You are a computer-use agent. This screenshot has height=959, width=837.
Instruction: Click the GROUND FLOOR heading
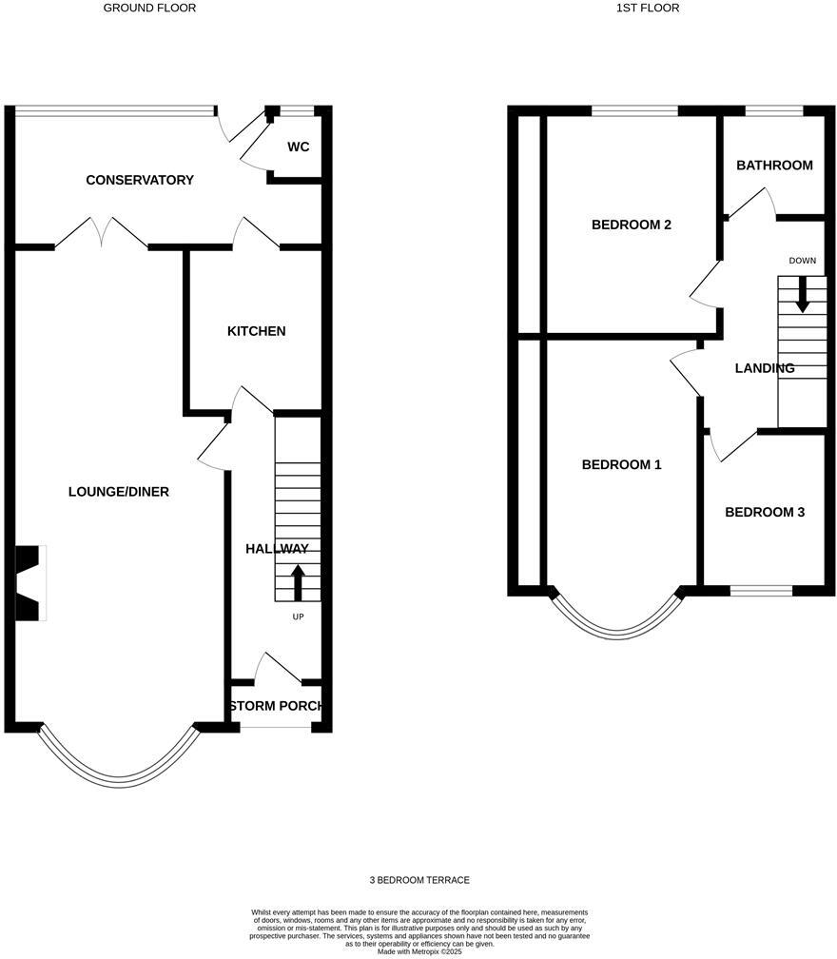tap(149, 8)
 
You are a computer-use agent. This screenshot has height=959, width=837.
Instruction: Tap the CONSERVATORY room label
tap(140, 180)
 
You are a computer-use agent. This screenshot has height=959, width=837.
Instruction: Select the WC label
tap(298, 147)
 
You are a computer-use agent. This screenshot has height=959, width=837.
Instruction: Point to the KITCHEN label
tap(256, 331)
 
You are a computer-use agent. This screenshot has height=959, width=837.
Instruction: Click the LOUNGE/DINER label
tap(119, 492)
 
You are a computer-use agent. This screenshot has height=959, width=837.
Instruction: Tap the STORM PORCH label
tap(277, 707)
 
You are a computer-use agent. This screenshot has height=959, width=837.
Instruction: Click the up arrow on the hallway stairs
tap(298, 582)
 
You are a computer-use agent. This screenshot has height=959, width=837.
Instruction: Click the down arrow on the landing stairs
tap(803, 294)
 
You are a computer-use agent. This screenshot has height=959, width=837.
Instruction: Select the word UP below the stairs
tap(298, 616)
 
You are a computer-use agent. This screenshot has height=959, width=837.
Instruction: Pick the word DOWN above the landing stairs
tap(802, 261)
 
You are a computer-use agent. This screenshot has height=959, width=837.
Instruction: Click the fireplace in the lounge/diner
tap(30, 583)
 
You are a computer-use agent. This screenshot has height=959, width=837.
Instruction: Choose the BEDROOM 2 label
tap(632, 225)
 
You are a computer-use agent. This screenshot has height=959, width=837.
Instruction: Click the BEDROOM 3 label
tap(765, 512)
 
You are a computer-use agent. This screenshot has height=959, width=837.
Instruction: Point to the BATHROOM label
tap(774, 166)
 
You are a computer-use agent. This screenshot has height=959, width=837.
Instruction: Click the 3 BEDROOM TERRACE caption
tap(419, 880)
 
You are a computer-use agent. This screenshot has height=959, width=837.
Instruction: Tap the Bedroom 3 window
tap(761, 591)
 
